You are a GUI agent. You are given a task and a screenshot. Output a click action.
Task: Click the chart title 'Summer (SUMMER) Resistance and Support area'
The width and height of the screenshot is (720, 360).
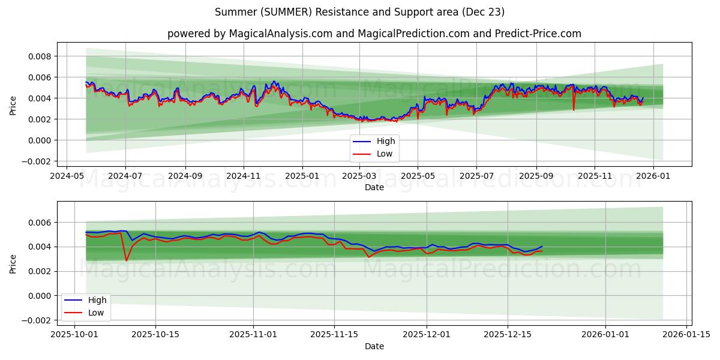[359, 12]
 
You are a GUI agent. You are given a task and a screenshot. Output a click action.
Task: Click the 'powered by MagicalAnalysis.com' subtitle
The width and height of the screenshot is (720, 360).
[374, 34]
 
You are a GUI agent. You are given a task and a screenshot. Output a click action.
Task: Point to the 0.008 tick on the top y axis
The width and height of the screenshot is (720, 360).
[38, 56]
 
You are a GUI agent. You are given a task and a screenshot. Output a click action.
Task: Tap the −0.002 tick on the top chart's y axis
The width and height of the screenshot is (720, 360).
[35, 161]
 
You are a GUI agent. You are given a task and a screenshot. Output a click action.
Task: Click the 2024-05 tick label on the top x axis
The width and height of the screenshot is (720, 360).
[66, 176]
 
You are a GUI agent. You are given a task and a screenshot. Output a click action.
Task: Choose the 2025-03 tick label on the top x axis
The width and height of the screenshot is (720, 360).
[359, 176]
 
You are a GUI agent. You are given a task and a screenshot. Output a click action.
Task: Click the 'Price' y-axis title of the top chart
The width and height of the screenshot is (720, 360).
[13, 105]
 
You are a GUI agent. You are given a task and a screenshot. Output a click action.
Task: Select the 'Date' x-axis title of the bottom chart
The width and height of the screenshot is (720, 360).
[374, 346]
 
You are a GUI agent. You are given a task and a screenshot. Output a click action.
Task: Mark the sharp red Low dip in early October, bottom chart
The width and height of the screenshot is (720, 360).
[126, 260]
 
